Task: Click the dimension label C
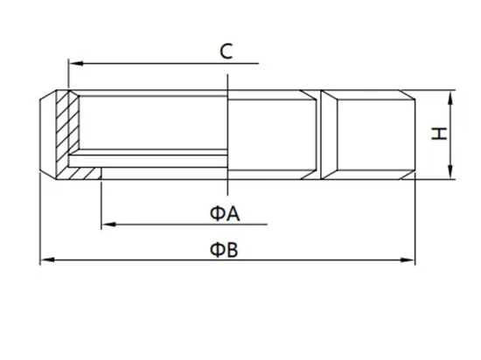pyautogui.click(x=227, y=52)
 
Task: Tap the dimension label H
pyautogui.click(x=439, y=135)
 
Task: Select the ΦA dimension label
pyautogui.click(x=225, y=213)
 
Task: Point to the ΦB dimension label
pyautogui.click(x=224, y=250)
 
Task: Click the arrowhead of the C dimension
pyautogui.click(x=76, y=64)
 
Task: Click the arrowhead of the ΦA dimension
pyautogui.click(x=108, y=225)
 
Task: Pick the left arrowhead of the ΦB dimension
pyautogui.click(x=48, y=260)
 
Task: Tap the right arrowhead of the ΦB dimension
pyautogui.click(x=408, y=260)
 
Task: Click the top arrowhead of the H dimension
pyautogui.click(x=450, y=98)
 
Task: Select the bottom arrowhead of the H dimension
pyautogui.click(x=450, y=172)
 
